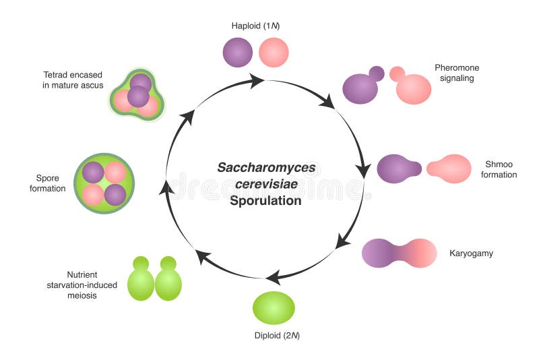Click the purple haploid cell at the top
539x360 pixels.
(238, 52)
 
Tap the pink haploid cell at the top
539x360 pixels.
(274, 52)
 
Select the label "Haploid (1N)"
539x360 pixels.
(255, 26)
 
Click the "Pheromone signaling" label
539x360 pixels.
(455, 73)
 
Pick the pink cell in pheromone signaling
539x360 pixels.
(413, 88)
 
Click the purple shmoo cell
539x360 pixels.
(395, 169)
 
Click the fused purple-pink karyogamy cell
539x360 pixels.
(400, 253)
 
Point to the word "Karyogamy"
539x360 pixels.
(472, 254)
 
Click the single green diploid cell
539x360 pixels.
(274, 307)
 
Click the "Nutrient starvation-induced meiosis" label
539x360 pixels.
(92, 285)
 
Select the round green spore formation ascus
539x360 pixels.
(104, 184)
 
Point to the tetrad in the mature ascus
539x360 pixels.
(137, 95)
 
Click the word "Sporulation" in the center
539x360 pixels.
(265, 200)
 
